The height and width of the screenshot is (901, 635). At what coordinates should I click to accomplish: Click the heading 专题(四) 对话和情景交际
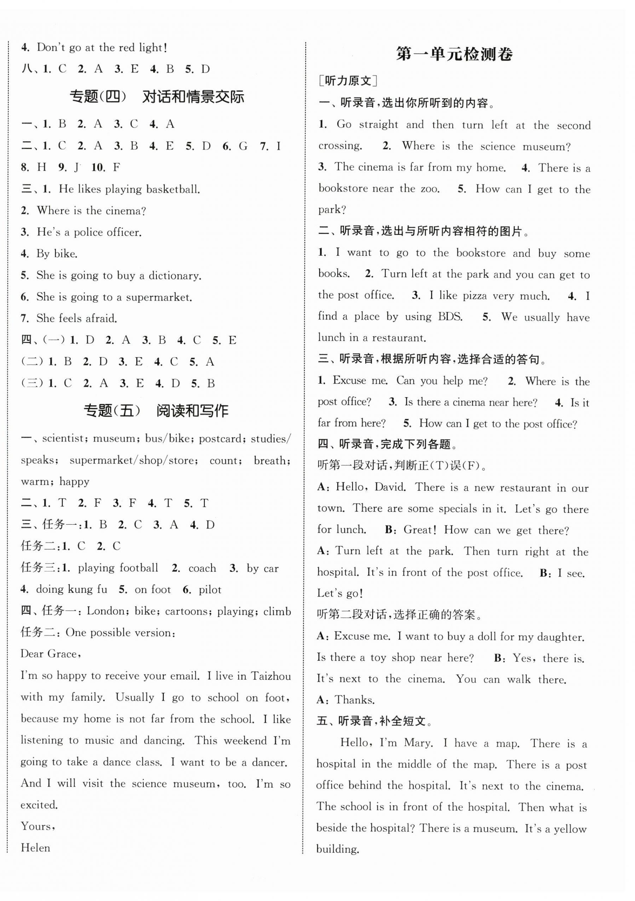(x=156, y=96)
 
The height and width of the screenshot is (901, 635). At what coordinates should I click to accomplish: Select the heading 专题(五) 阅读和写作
(x=156, y=411)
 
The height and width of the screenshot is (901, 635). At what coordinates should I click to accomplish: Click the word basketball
(x=173, y=190)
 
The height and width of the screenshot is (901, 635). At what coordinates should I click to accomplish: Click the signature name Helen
(x=35, y=847)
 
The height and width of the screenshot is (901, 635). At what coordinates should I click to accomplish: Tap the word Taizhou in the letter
(x=271, y=676)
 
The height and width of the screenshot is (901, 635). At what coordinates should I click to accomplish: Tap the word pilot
(x=210, y=590)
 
